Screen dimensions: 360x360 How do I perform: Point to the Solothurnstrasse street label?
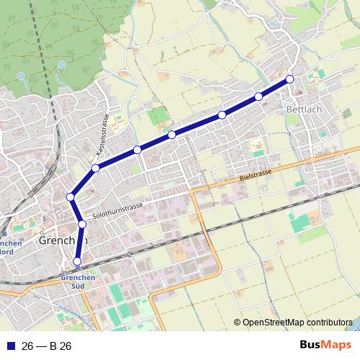119,210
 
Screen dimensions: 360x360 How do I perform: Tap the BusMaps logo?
325,346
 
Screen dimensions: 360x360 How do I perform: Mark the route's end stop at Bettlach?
290,79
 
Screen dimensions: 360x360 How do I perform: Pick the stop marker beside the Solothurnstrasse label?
82,225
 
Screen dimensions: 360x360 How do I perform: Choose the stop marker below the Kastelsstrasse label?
96,168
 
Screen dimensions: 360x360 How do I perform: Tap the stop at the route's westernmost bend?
71,197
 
